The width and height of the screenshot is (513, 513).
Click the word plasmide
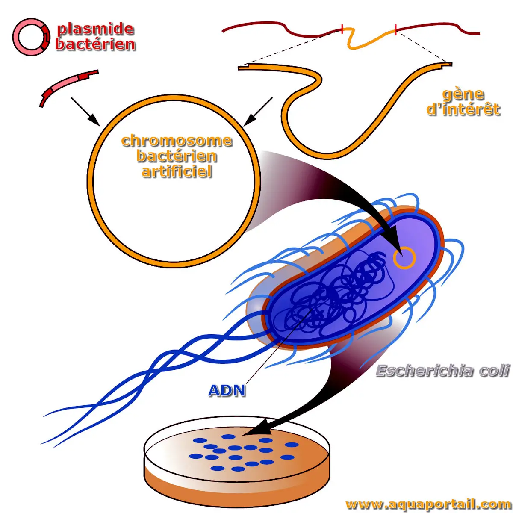(x=95, y=29)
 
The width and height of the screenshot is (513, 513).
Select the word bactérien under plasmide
(x=95, y=44)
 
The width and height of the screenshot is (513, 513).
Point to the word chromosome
(x=177, y=141)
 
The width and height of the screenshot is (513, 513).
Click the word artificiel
(x=177, y=171)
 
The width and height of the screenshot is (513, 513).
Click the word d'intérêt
(x=463, y=109)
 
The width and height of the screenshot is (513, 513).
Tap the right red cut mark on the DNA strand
(x=396, y=29)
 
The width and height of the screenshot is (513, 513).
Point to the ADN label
(x=227, y=390)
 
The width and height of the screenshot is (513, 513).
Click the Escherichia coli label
(x=442, y=371)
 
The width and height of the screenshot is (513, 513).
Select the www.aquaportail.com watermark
(x=427, y=504)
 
